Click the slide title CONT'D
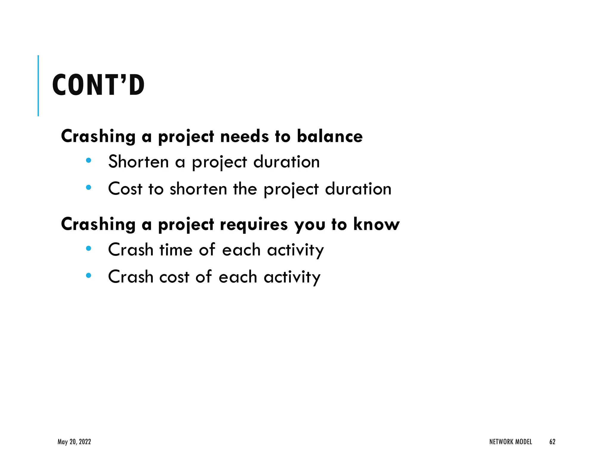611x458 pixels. coord(98,85)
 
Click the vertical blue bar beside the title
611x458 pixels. coord(38,86)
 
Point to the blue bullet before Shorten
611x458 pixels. coord(88,160)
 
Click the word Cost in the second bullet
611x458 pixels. coord(125,189)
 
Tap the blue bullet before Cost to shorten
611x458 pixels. coord(88,188)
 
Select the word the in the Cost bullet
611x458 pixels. coord(245,189)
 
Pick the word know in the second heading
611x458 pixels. coord(376,224)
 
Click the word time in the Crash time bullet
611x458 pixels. coord(176,250)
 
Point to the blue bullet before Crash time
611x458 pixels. coord(88,248)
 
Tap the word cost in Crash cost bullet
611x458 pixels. coord(174,277)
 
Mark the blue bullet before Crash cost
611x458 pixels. coord(88,276)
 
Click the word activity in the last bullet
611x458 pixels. coord(292,277)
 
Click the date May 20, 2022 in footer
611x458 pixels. coord(74,442)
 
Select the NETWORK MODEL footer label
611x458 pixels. coord(510,442)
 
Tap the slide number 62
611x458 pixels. coord(552,442)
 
